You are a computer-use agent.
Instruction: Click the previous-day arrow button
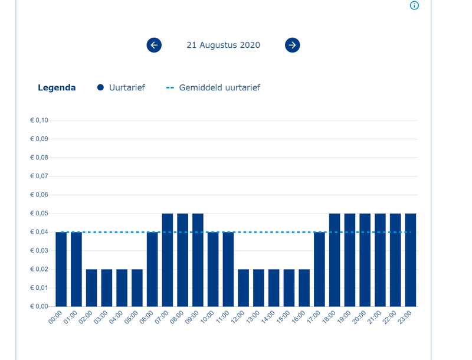[x=154, y=45]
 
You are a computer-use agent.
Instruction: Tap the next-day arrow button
[x=293, y=45]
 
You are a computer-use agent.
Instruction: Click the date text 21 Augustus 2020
[x=223, y=45]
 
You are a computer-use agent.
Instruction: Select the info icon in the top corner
[x=414, y=5]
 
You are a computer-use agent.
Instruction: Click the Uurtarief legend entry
[x=121, y=87]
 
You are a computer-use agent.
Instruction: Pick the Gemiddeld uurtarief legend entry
[x=213, y=87]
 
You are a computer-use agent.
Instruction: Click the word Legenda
[x=57, y=87]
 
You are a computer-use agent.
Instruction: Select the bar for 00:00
[x=61, y=269]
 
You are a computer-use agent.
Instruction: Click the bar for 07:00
[x=168, y=260]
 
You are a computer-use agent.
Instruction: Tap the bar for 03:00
[x=107, y=287]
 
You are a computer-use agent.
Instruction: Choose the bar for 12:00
[x=243, y=287]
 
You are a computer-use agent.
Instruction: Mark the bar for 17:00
[x=319, y=269]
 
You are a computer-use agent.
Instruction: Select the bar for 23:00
[x=410, y=260]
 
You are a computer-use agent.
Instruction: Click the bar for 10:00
[x=213, y=269]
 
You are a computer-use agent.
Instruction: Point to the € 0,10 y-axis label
[x=40, y=120]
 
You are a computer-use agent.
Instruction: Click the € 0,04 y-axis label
[x=40, y=232]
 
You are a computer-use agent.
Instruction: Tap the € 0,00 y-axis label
[x=40, y=306]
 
